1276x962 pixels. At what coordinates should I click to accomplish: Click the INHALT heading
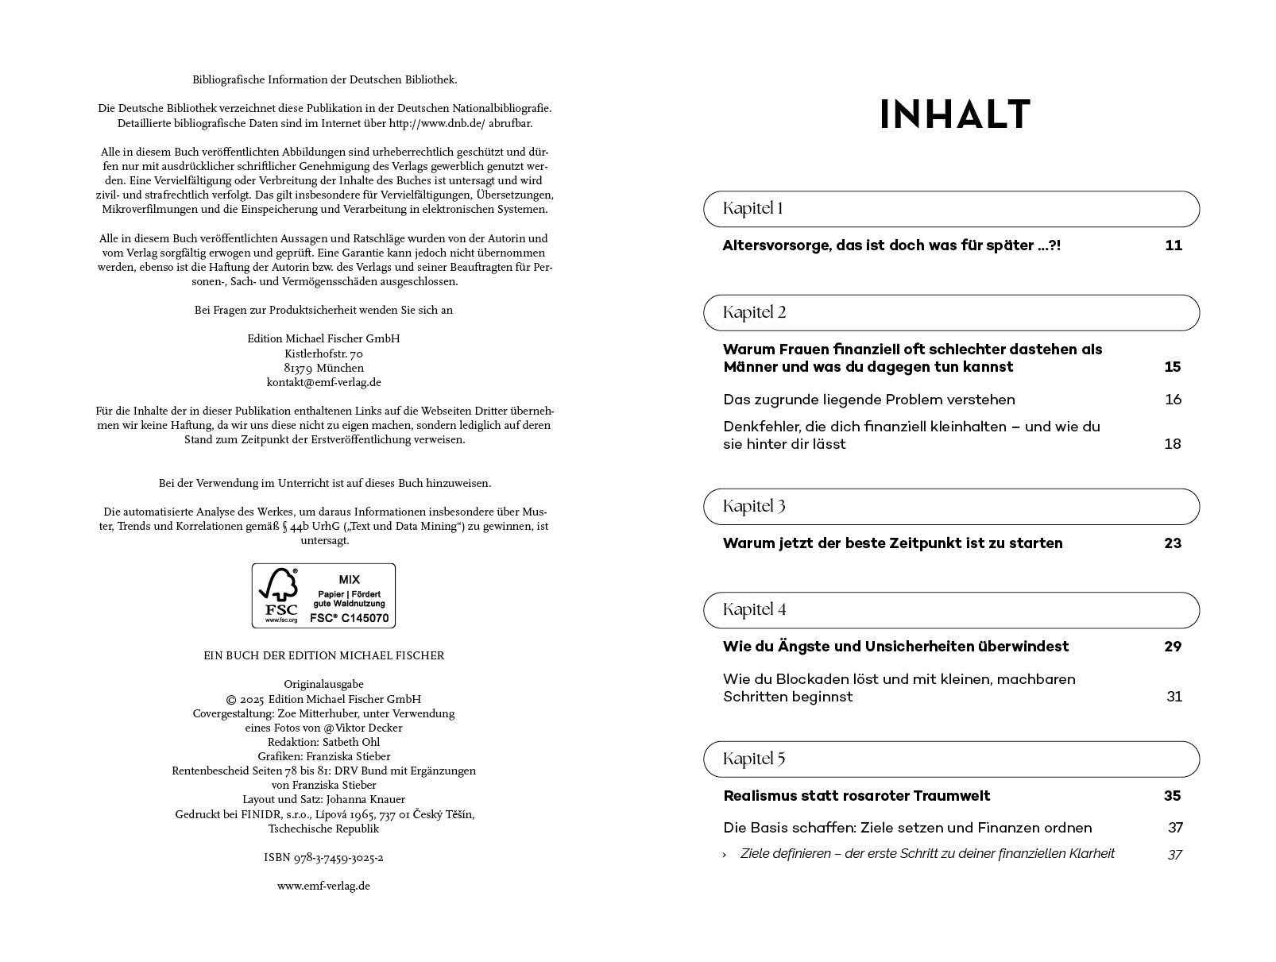tap(955, 114)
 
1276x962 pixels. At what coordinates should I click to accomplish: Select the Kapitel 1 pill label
tap(752, 209)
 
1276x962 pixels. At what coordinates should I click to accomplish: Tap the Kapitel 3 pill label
tap(754, 506)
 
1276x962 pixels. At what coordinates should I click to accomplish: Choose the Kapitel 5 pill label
tap(754, 759)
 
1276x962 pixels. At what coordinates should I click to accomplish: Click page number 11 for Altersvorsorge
tap(1174, 245)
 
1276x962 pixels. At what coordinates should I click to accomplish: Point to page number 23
tap(1173, 543)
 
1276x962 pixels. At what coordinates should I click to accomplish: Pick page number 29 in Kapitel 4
tap(1173, 647)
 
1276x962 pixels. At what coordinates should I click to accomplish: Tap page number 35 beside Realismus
tap(1173, 796)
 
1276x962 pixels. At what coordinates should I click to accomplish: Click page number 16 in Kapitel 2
tap(1174, 400)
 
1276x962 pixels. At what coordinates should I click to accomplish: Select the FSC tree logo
tap(280, 589)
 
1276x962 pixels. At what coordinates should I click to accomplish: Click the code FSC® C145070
tap(349, 617)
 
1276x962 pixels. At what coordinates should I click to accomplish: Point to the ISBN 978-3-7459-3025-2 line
tap(323, 858)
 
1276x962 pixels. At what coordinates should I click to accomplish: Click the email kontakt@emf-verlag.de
tap(323, 382)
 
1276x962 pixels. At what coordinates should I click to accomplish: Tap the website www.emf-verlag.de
tap(323, 886)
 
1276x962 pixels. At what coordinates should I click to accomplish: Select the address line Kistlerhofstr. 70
tap(323, 354)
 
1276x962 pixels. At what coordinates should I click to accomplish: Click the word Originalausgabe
tap(323, 684)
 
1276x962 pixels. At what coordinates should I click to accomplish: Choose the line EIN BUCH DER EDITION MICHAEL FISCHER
tap(323, 655)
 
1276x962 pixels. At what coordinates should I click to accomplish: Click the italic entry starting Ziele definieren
tap(926, 854)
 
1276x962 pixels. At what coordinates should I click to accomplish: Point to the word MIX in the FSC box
tap(349, 579)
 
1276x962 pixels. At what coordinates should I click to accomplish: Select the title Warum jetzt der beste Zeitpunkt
tap(892, 543)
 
